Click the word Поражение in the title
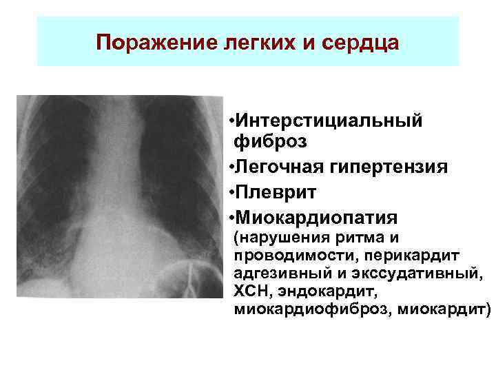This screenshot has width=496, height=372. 142,43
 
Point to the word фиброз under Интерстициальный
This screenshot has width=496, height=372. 270,143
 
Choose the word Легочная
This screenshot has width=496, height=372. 281,167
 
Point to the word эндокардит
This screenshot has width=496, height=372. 318,293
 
